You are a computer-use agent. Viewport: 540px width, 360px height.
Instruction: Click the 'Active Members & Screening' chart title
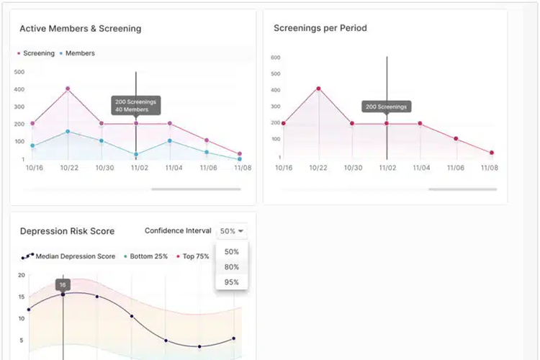(80, 29)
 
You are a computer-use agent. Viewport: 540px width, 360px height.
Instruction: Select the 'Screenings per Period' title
(320, 29)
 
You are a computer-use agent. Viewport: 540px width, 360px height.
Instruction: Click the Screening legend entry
(36, 53)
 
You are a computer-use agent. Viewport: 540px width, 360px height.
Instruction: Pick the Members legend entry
(78, 53)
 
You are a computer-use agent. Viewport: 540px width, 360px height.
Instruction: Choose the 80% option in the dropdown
(231, 266)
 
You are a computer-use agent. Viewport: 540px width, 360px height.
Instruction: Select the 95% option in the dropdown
(231, 282)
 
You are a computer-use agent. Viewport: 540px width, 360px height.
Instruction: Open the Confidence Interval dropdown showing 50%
(233, 231)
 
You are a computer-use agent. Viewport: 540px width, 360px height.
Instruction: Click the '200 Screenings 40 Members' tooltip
(135, 105)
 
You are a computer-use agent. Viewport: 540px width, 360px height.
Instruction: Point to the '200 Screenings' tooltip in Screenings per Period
(387, 107)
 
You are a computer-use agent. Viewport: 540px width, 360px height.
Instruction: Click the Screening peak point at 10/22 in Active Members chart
(68, 89)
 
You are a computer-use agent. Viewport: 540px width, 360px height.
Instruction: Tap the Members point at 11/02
(136, 154)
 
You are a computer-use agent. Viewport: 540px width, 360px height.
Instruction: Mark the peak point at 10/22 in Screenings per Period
(318, 89)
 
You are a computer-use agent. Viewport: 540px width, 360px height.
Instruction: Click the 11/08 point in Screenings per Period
(490, 153)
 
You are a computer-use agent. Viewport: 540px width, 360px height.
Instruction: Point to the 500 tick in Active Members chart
(19, 72)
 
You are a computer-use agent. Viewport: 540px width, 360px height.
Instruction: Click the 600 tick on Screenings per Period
(276, 58)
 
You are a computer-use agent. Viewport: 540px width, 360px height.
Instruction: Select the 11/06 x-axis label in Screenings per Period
(455, 167)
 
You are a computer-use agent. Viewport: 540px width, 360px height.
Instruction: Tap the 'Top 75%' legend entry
(193, 256)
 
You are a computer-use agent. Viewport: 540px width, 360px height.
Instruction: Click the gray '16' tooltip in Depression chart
(63, 284)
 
